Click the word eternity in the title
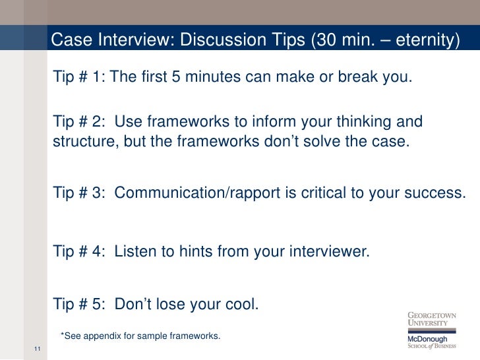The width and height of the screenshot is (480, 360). click(423, 41)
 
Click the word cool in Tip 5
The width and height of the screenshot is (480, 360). click(241, 305)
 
